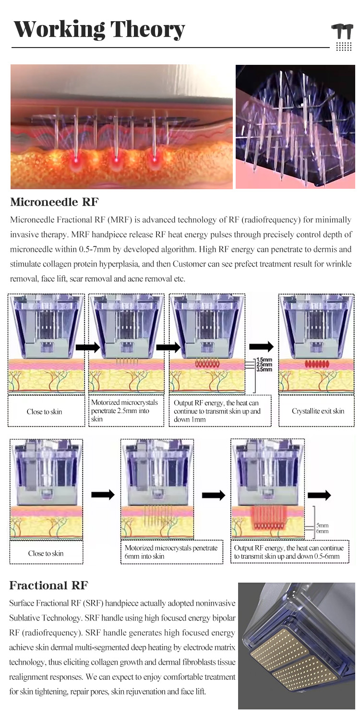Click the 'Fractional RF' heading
point(49,586)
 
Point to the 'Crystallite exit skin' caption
point(318,412)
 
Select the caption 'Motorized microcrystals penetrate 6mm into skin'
point(171,552)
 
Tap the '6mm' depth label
point(322,531)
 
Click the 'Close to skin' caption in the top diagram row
point(45,412)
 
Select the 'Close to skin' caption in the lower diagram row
point(46,553)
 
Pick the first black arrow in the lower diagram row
point(103,494)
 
